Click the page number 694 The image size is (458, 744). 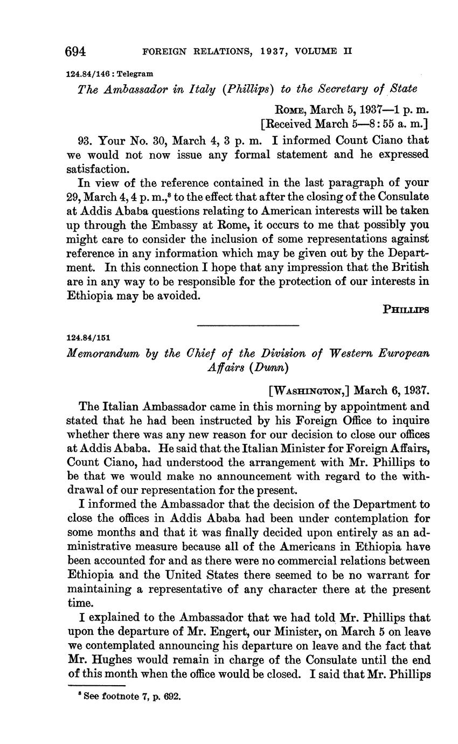click(x=75, y=52)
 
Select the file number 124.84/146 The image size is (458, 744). click(x=87, y=73)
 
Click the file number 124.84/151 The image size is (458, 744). click(x=88, y=338)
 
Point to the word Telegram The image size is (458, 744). click(x=134, y=73)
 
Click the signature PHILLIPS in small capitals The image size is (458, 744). click(x=406, y=310)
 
